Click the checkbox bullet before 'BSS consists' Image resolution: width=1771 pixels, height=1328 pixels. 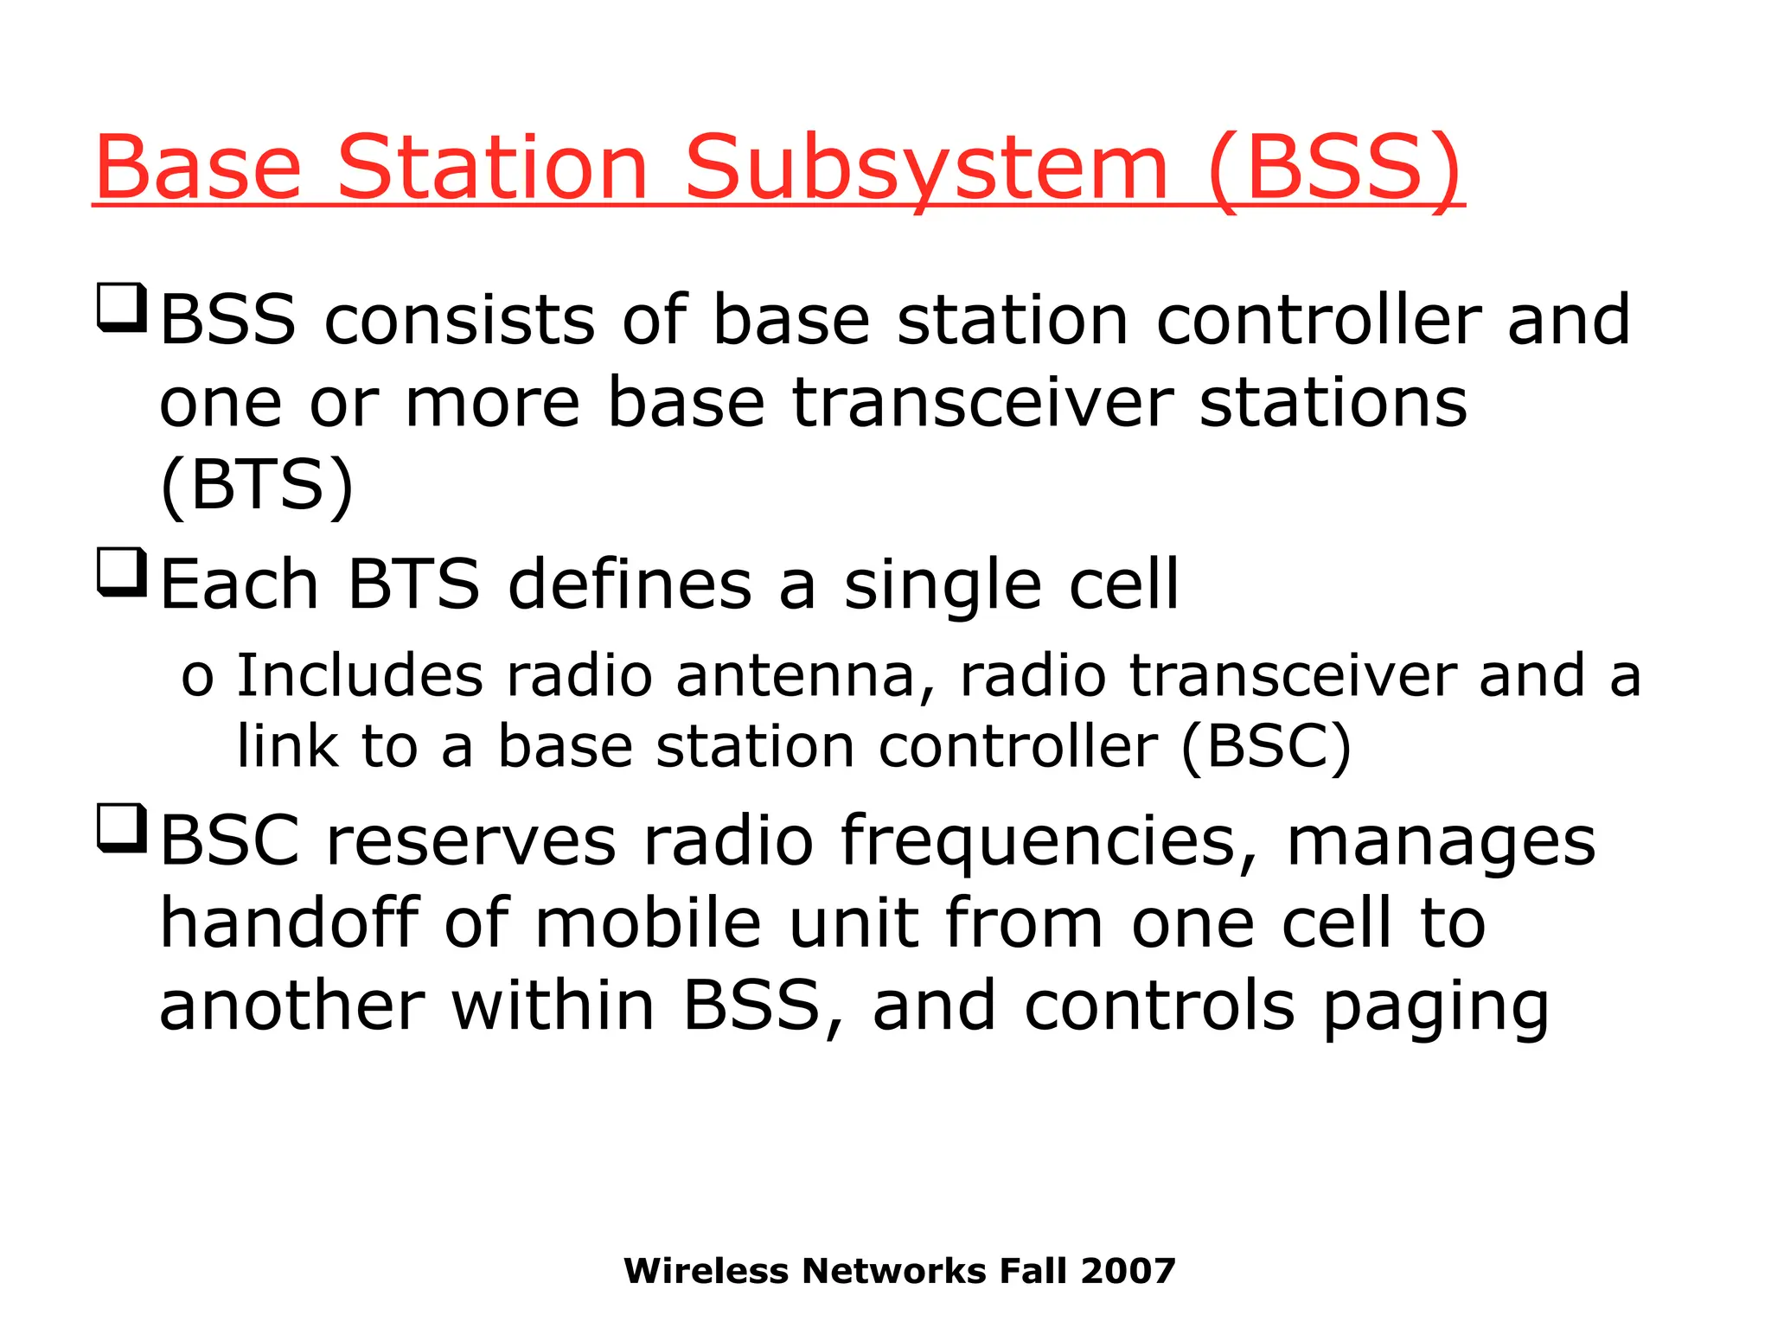click(121, 307)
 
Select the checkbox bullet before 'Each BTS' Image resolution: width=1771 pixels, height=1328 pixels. click(121, 572)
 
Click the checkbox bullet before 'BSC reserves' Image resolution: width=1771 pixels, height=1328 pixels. click(121, 827)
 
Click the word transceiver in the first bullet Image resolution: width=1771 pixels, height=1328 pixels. click(982, 403)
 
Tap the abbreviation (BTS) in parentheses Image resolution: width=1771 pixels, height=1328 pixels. click(257, 486)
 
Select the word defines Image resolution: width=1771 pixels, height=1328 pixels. click(630, 584)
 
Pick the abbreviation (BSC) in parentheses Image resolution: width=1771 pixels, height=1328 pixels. click(1266, 746)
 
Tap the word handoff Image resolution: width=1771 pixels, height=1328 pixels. click(290, 923)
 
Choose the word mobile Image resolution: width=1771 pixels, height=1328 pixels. click(648, 923)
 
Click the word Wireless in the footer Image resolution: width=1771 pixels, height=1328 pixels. click(706, 1271)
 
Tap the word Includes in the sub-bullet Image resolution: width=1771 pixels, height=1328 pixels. click(360, 675)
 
